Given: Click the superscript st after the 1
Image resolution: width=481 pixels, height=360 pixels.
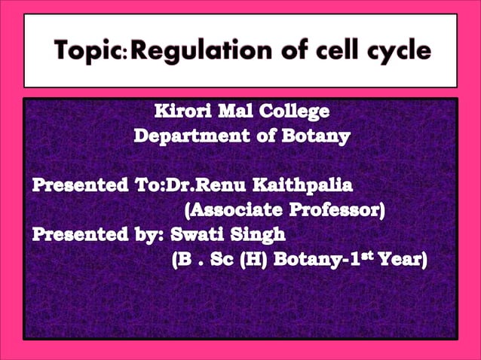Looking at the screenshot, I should coord(375,257).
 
